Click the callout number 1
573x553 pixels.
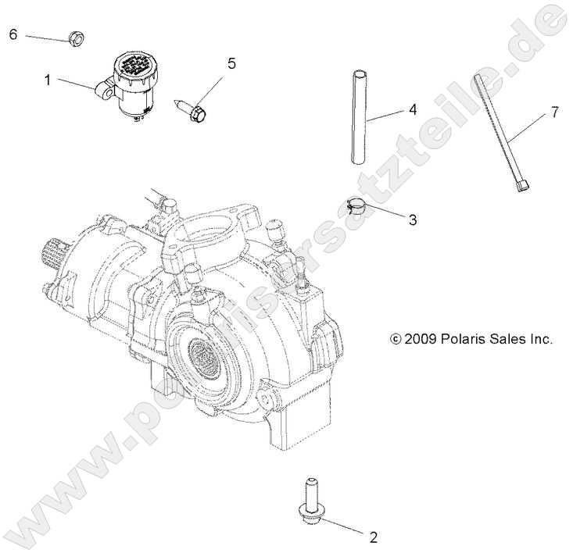coord(47,79)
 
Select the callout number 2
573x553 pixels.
coord(373,537)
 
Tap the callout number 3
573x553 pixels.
coord(412,219)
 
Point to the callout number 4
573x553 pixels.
coord(412,111)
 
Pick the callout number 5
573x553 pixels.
coord(231,63)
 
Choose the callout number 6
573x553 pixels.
coord(13,34)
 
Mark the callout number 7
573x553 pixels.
coord(554,112)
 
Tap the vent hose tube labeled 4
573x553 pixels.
coord(357,117)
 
